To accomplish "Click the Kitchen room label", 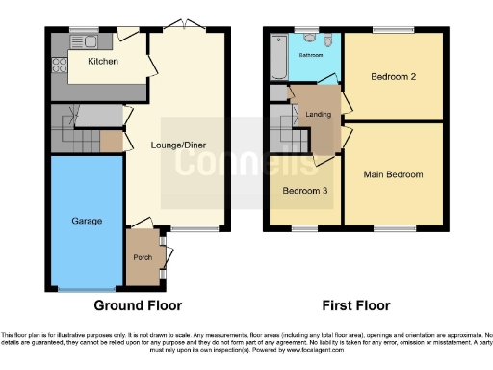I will [x=102, y=62].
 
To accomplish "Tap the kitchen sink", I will [x=88, y=40].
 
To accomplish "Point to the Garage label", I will [x=87, y=221].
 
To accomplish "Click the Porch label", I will [x=143, y=257].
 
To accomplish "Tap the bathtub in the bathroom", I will [x=277, y=56].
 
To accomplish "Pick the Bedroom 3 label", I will [x=305, y=191].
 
